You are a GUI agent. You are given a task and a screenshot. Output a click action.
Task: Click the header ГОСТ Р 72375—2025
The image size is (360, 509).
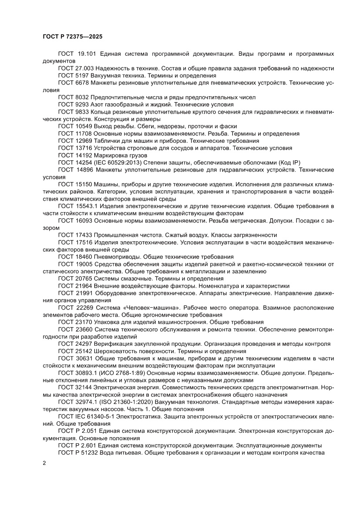72,37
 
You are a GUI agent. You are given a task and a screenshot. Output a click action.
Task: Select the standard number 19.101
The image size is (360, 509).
87,54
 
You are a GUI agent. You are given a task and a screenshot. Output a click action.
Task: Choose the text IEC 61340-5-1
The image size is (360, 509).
94,417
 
